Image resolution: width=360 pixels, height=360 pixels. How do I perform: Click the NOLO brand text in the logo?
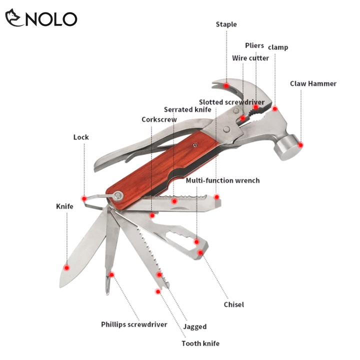(x=49, y=18)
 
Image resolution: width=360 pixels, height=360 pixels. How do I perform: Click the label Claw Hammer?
(x=313, y=83)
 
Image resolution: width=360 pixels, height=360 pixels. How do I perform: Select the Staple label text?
(x=226, y=24)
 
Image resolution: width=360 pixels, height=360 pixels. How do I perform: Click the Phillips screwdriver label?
(x=134, y=324)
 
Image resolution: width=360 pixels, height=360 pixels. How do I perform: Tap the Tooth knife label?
(x=200, y=343)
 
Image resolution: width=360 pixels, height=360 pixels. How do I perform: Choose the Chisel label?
(x=233, y=304)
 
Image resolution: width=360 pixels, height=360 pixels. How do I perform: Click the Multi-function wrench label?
(x=222, y=180)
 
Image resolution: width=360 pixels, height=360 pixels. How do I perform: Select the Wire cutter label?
(x=250, y=58)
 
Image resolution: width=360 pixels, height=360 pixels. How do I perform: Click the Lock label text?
(x=81, y=137)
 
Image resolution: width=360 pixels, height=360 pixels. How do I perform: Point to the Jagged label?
(x=194, y=327)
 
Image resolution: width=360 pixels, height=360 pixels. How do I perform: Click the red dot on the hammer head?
(x=300, y=145)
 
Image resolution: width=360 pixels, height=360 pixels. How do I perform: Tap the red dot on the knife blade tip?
(x=66, y=267)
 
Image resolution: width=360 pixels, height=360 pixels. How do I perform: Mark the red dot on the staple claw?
(x=226, y=86)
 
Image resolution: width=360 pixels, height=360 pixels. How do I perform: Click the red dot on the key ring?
(x=84, y=199)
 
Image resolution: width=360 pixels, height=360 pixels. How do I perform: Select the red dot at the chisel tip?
(x=200, y=252)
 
